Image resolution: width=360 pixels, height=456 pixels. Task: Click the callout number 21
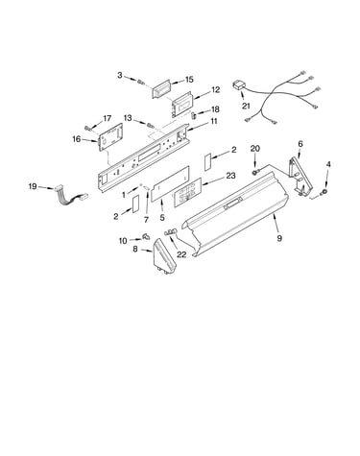pyautogui.click(x=246, y=106)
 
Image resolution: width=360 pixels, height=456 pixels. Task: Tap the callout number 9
pyautogui.click(x=279, y=238)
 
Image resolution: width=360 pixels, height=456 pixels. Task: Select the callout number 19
pyautogui.click(x=33, y=186)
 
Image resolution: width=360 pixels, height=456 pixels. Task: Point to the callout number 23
pyautogui.click(x=230, y=176)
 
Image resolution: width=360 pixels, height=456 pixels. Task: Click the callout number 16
pyautogui.click(x=77, y=139)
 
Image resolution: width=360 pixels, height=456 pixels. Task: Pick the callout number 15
pyautogui.click(x=189, y=80)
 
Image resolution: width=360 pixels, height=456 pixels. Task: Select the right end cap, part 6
pyautogui.click(x=300, y=176)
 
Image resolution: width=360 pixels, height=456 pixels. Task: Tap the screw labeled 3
pyautogui.click(x=140, y=82)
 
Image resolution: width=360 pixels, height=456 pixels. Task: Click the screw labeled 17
pyautogui.click(x=87, y=128)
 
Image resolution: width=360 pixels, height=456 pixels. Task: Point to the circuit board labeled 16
pyautogui.click(x=111, y=136)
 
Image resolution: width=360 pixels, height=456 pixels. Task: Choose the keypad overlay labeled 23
pyautogui.click(x=187, y=192)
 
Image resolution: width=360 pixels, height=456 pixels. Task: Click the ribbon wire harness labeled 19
pyautogui.click(x=70, y=196)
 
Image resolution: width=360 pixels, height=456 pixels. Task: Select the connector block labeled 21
pyautogui.click(x=238, y=85)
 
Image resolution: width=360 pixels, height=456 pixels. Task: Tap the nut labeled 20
pyautogui.click(x=255, y=173)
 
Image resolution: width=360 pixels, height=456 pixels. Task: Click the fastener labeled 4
pyautogui.click(x=325, y=191)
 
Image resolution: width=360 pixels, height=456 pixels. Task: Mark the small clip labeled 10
pyautogui.click(x=146, y=236)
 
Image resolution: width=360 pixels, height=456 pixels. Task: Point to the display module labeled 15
pyautogui.click(x=163, y=90)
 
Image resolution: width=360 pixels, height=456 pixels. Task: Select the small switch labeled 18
pyautogui.click(x=194, y=115)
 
